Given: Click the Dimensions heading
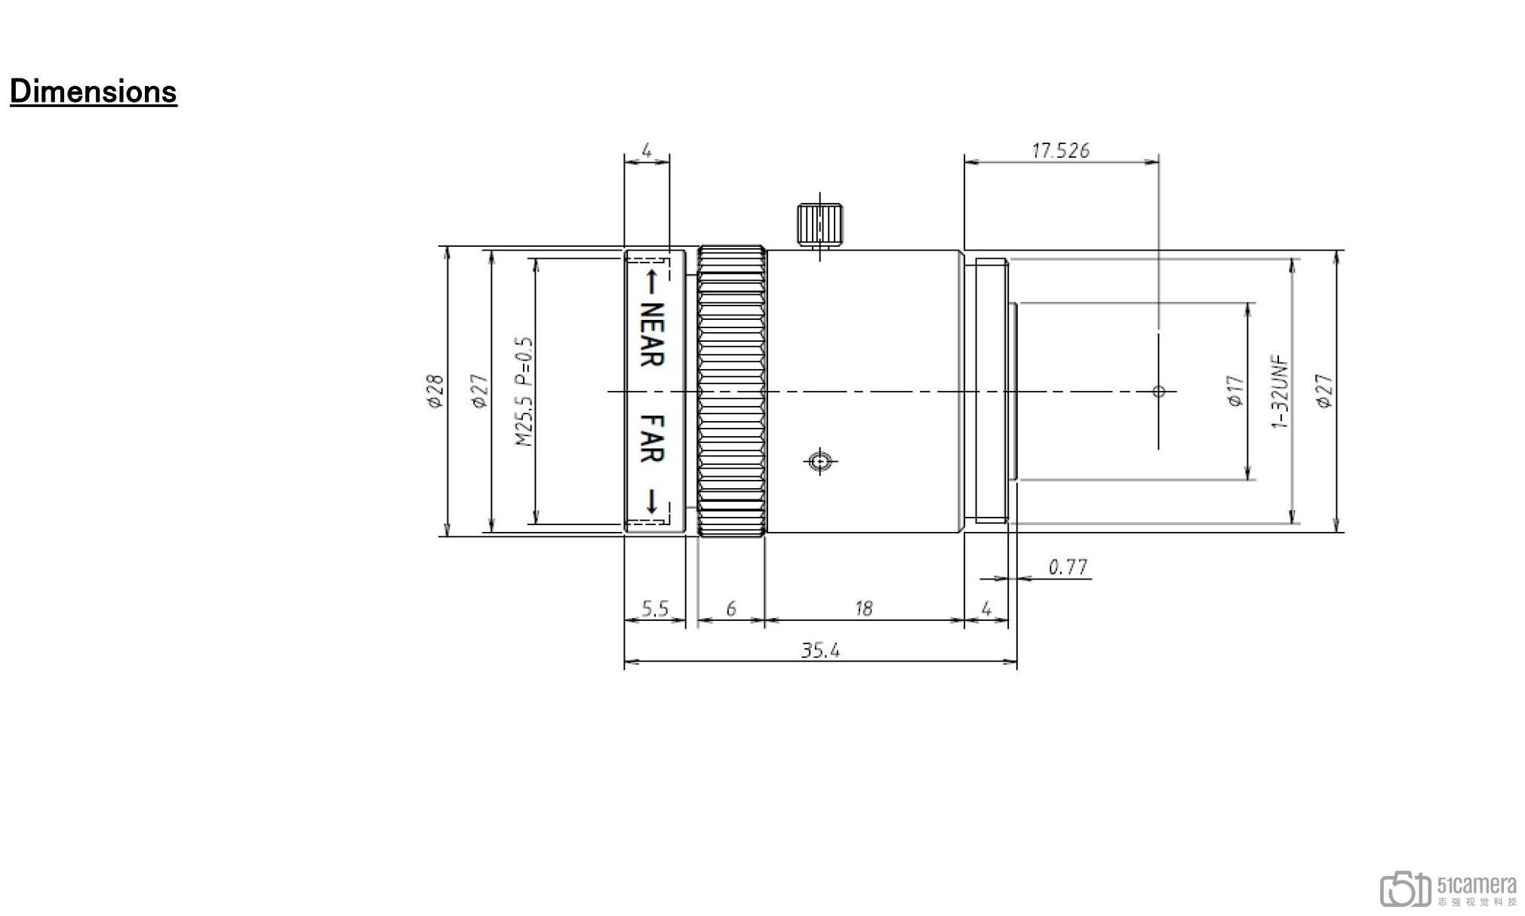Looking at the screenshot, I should (93, 91).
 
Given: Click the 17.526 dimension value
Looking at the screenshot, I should (1060, 151).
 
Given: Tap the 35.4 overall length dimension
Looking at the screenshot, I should (819, 650).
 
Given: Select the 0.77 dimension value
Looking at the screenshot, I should (1068, 567).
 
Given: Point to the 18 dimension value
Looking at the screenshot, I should (863, 608).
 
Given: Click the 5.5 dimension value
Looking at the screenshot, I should (654, 608).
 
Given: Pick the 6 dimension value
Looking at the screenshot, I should (730, 608).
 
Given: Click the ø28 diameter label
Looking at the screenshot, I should (435, 392).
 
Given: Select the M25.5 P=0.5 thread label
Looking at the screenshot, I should (524, 392).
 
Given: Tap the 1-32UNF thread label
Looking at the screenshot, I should (1280, 392).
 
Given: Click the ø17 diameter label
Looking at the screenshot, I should (1235, 392).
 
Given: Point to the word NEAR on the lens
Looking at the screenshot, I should (651, 334).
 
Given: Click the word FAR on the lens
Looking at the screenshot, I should (651, 438).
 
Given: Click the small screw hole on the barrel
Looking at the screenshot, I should (820, 460).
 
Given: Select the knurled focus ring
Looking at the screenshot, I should (731, 392).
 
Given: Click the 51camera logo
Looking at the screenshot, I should (1448, 890).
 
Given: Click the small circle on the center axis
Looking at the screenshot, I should (1159, 391).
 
